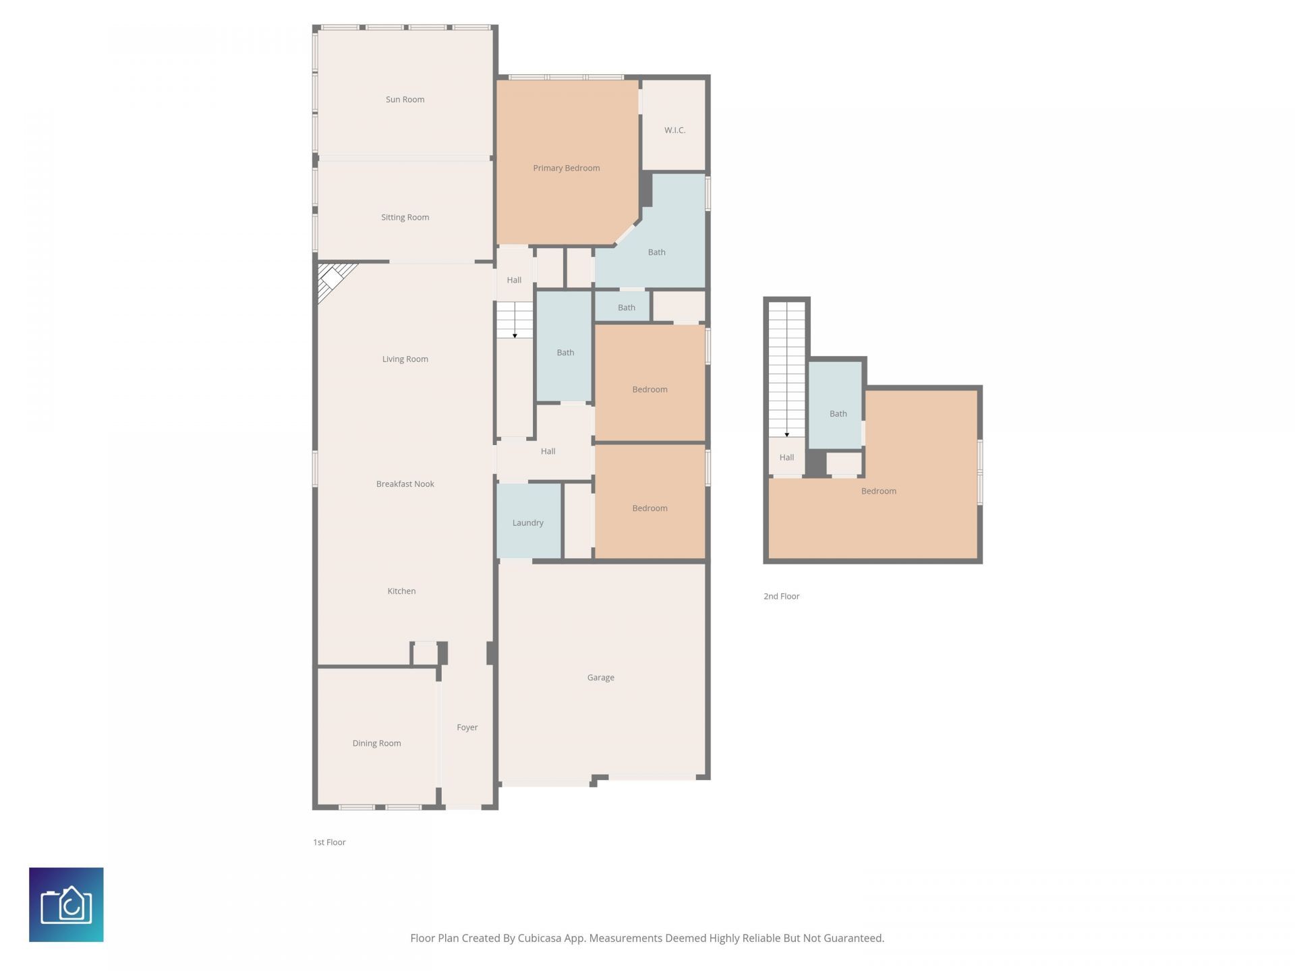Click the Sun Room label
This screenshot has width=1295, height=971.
click(x=405, y=99)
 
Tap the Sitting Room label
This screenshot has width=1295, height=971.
click(x=405, y=217)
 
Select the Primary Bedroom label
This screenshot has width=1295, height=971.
click(x=566, y=168)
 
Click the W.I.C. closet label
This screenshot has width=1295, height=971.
click(x=674, y=130)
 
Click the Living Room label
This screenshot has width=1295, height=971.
click(x=405, y=359)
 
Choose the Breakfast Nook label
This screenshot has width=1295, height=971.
click(x=405, y=483)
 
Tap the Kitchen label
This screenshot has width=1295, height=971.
click(x=401, y=591)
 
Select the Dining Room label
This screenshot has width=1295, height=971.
click(x=376, y=743)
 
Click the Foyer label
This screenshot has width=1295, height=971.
click(x=467, y=727)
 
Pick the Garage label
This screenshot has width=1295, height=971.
click(x=600, y=677)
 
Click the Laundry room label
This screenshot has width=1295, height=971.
click(x=527, y=523)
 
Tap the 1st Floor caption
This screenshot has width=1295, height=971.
click(x=329, y=842)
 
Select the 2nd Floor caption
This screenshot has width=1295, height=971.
click(x=781, y=596)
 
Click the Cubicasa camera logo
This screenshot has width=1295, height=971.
click(x=66, y=904)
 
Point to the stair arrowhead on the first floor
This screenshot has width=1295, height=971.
click(x=515, y=335)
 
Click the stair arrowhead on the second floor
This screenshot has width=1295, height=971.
click(x=786, y=435)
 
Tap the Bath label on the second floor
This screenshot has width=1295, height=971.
click(x=838, y=413)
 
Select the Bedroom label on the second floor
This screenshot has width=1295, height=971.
click(x=878, y=491)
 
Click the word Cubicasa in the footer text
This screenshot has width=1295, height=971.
click(x=541, y=938)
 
